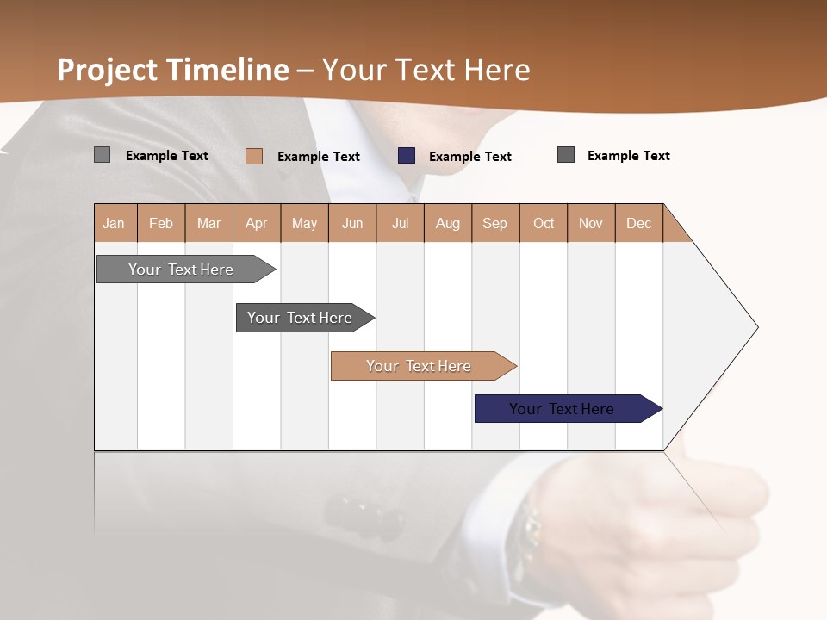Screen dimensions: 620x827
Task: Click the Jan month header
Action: pos(115,223)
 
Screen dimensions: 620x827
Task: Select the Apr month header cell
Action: pos(257,223)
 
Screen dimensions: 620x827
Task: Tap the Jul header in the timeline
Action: pos(400,223)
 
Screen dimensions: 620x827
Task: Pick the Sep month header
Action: pos(495,223)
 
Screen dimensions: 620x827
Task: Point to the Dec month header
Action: pos(638,223)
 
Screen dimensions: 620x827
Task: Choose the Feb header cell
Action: pos(161,223)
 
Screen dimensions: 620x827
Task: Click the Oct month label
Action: pos(544,223)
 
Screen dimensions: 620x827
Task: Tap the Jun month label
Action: pos(352,223)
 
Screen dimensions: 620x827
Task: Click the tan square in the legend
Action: pos(253,156)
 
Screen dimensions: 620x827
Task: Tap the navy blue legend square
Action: pos(407,156)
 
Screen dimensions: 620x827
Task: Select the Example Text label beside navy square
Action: pos(469,157)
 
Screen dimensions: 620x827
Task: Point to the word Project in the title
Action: pos(108,70)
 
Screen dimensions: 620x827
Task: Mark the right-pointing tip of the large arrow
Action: pos(755,327)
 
